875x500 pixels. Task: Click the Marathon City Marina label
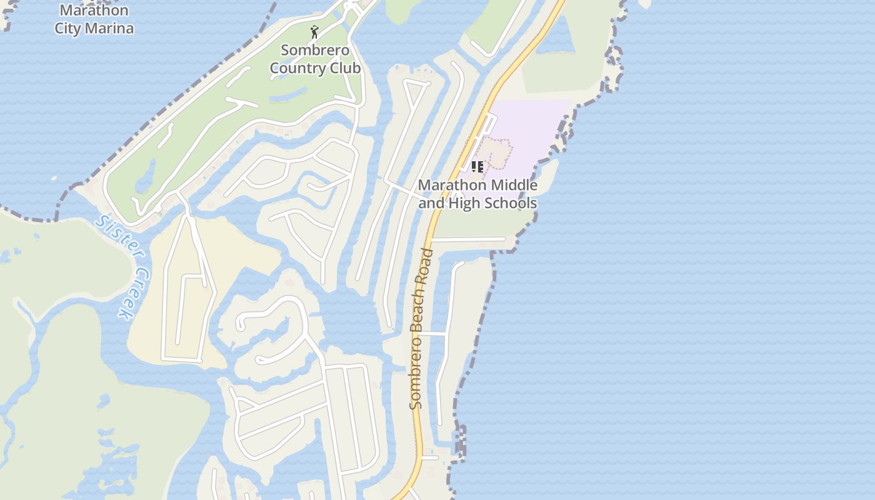coord(94,19)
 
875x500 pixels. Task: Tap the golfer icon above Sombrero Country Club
coord(314,31)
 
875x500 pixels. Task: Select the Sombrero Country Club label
coord(315,59)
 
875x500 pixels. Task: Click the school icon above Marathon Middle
coord(477,167)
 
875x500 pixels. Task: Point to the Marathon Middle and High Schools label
coord(477,194)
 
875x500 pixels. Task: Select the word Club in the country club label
coord(345,68)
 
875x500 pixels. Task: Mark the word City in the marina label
coord(68,28)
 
